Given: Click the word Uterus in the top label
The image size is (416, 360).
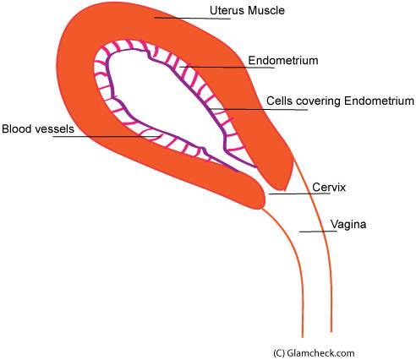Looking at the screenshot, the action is [x=227, y=10].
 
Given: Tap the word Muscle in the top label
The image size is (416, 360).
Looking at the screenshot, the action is [x=266, y=10].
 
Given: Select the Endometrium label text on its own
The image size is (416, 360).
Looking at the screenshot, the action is [x=283, y=61].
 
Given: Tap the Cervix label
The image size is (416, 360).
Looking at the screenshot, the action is [x=329, y=188].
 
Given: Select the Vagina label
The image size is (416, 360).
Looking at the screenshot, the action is [x=348, y=225].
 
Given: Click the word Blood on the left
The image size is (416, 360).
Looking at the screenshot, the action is [x=17, y=129].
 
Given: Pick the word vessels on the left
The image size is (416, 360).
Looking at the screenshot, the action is [x=54, y=129].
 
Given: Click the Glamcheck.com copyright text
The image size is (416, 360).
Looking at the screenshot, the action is [x=314, y=353].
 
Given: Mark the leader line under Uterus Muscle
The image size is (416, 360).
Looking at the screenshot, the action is [x=192, y=19].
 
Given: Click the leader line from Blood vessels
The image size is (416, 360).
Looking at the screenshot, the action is [x=107, y=137].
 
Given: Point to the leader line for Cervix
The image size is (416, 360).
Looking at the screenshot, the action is [x=299, y=194].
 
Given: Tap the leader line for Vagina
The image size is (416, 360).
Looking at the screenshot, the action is [x=318, y=232].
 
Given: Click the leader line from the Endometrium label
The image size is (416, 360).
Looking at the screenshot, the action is [x=227, y=68].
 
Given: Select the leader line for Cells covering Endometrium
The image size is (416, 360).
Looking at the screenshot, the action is [x=260, y=109].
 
